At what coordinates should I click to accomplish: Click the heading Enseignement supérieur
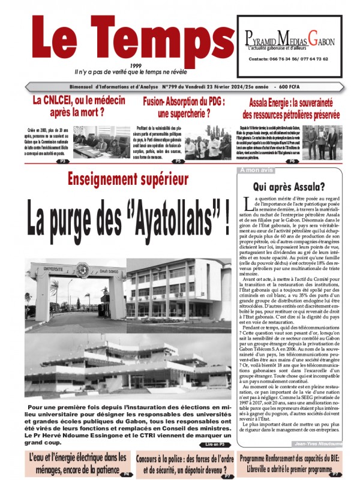[128, 178]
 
